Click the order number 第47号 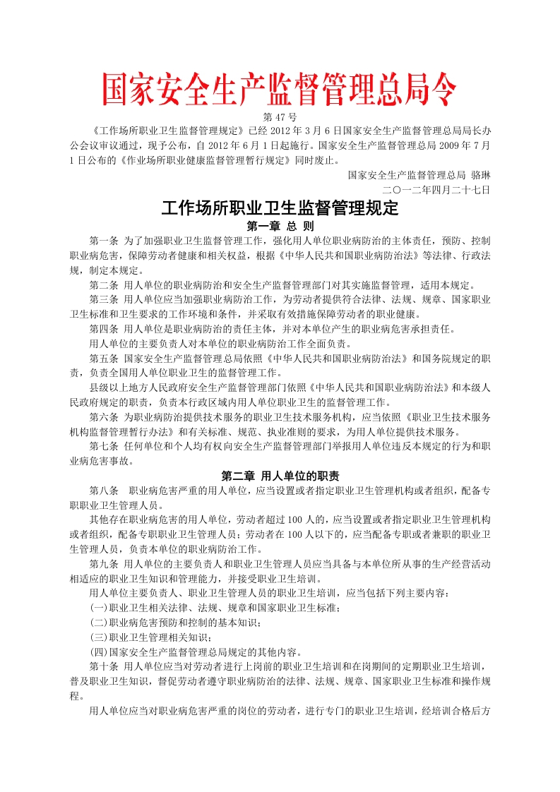click(x=280, y=116)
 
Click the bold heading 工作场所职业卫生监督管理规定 click(x=280, y=208)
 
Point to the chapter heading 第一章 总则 click(x=280, y=227)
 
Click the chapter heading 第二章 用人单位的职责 click(x=280, y=476)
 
